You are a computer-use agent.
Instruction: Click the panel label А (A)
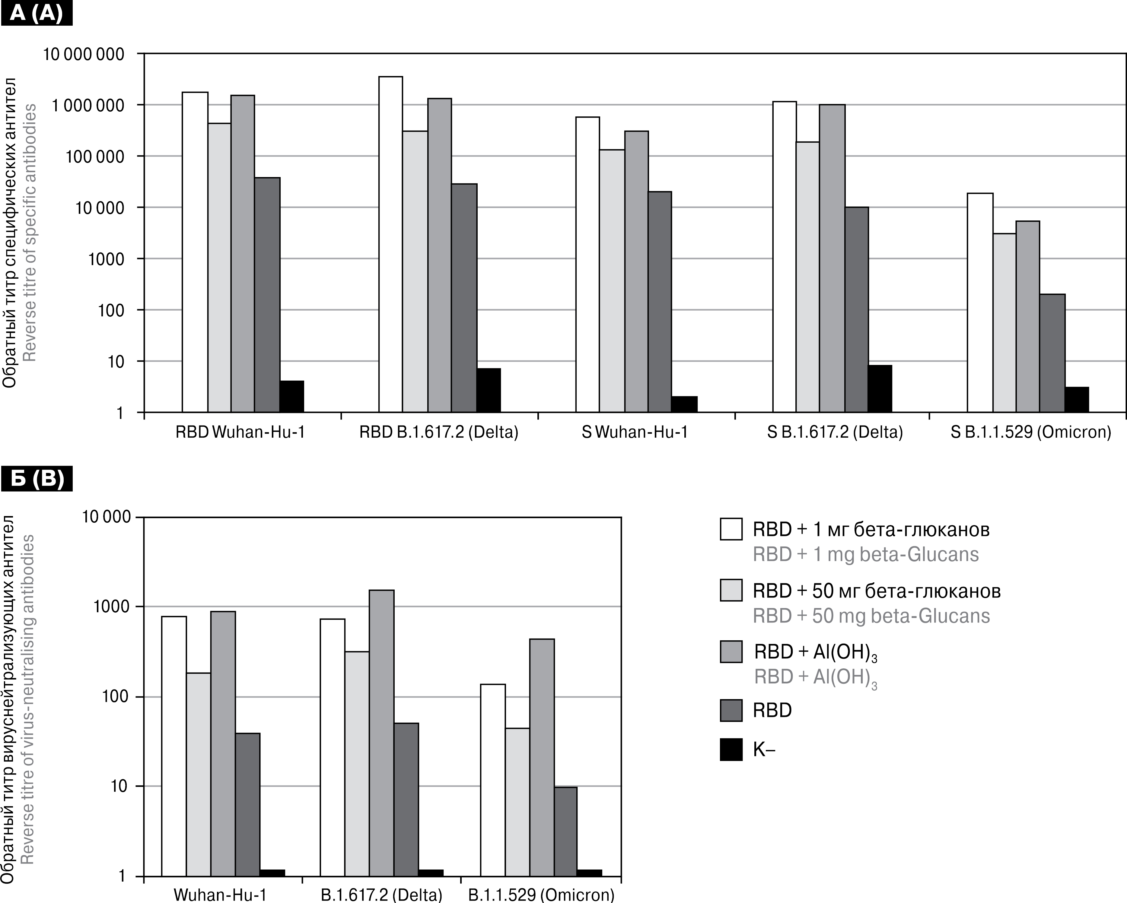point(37,13)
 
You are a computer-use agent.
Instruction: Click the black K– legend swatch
point(731,750)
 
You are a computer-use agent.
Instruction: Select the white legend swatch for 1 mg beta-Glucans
point(731,529)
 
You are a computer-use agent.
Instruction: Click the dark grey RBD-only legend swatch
point(731,711)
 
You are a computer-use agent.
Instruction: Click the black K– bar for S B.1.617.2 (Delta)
point(880,389)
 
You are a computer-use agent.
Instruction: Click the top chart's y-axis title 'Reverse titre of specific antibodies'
point(30,233)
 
